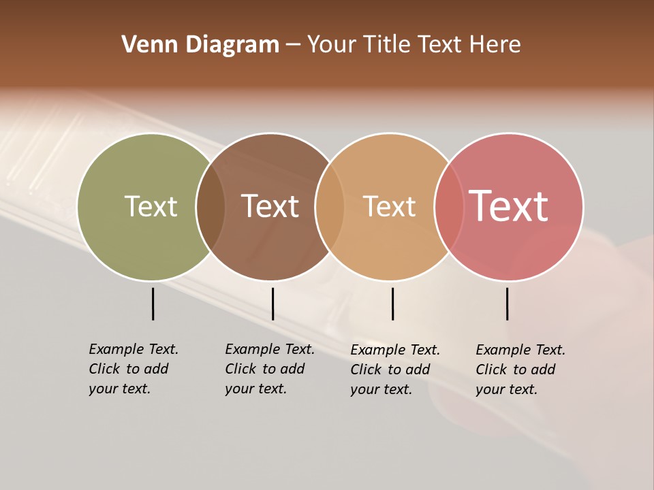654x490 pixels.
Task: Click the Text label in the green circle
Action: pyautogui.click(x=151, y=206)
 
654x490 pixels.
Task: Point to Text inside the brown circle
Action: pyautogui.click(x=270, y=206)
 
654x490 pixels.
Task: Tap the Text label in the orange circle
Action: pyautogui.click(x=389, y=206)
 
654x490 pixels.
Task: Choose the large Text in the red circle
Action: pyautogui.click(x=509, y=206)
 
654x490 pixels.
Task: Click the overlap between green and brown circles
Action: pyautogui.click(x=211, y=207)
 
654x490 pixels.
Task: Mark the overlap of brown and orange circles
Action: pyautogui.click(x=330, y=207)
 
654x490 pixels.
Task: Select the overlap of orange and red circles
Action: pyautogui.click(x=449, y=207)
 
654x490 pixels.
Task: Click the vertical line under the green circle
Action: pyautogui.click(x=153, y=304)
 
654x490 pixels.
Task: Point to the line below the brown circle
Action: pyautogui.click(x=272, y=304)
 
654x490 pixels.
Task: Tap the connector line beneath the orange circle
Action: pyautogui.click(x=392, y=304)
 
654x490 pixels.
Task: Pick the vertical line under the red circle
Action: pyautogui.click(x=507, y=304)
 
